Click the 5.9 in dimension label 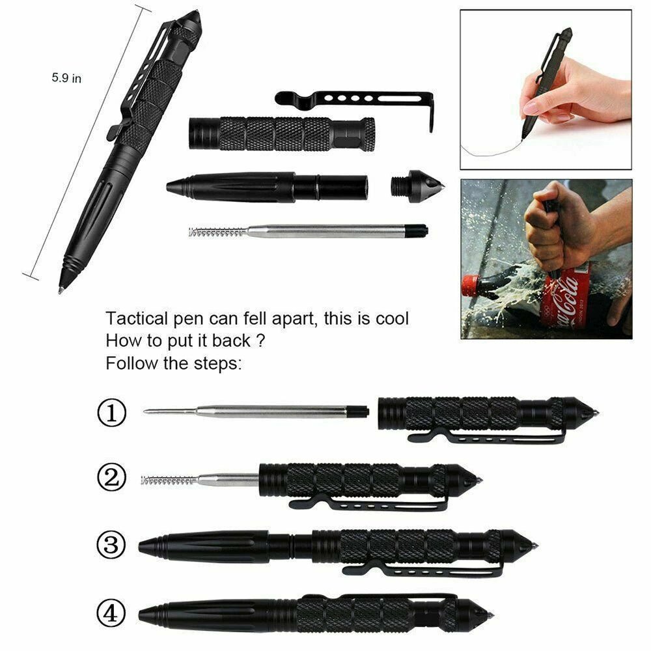click(66, 77)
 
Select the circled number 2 click(111, 478)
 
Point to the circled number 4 click(111, 612)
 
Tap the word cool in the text click(390, 320)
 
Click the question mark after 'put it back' click(260, 341)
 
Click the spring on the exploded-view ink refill click(217, 231)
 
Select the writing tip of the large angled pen click(61, 286)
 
